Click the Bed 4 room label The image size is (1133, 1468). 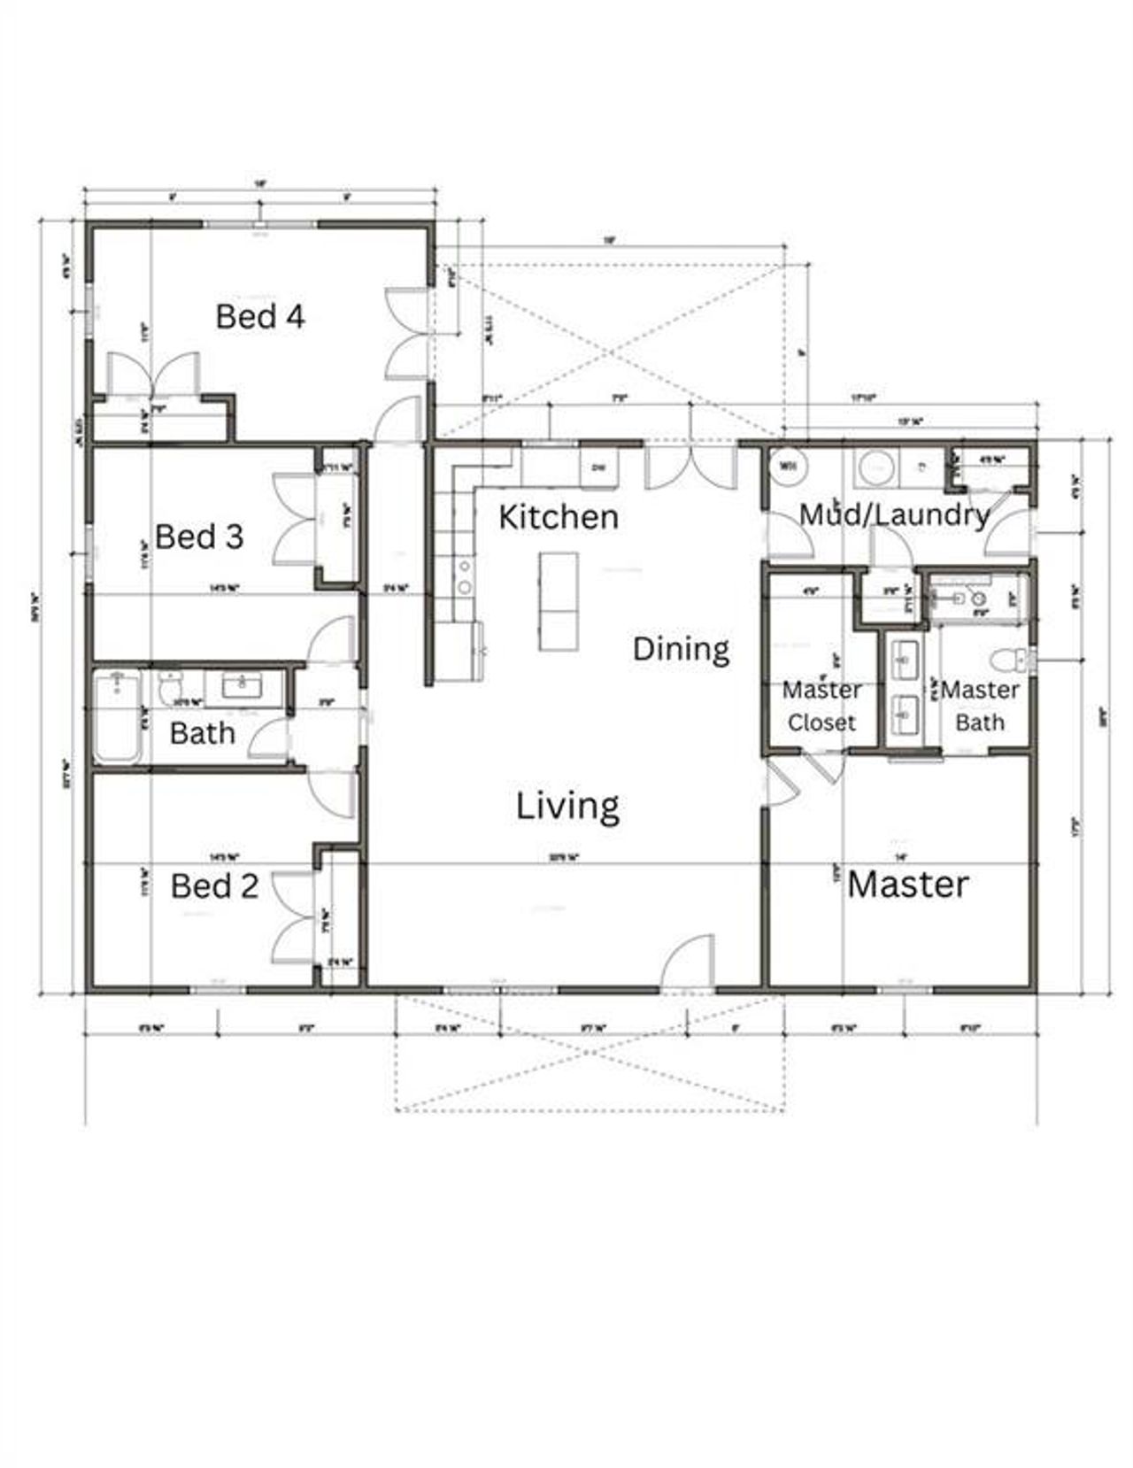tap(260, 316)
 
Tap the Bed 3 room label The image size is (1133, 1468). tap(198, 536)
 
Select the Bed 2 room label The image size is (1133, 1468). tap(214, 885)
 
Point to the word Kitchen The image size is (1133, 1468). tap(558, 516)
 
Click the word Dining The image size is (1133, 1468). tap(681, 649)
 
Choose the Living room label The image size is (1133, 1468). tap(567, 806)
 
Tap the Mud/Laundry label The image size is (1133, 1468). tap(894, 514)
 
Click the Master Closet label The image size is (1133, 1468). tap(821, 706)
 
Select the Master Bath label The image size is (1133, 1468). tap(980, 706)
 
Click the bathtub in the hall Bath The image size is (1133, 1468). tap(117, 715)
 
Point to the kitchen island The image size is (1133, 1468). tap(558, 601)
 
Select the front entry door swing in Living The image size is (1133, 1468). tap(688, 960)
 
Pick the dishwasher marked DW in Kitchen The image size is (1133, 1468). tap(599, 467)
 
